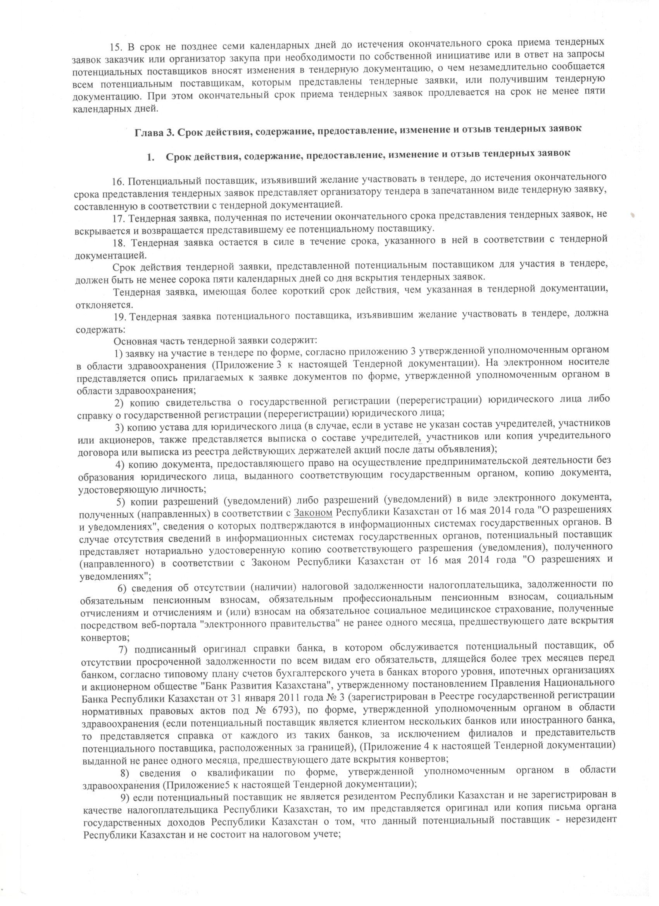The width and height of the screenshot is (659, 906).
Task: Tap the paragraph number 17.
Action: (x=120, y=218)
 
